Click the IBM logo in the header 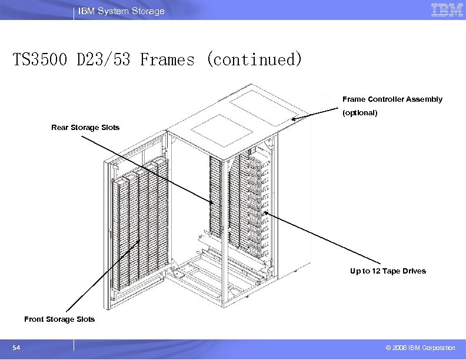click(x=447, y=10)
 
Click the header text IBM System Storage click(x=122, y=11)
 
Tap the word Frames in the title click(x=167, y=59)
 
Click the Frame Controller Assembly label click(x=392, y=99)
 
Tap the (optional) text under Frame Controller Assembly click(x=360, y=112)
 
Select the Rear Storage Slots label click(x=85, y=127)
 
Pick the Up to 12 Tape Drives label click(x=387, y=271)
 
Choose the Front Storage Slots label click(x=59, y=319)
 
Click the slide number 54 click(x=16, y=348)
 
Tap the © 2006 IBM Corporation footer click(x=420, y=348)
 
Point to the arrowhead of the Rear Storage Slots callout click(x=214, y=203)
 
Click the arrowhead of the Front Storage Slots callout click(x=139, y=241)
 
